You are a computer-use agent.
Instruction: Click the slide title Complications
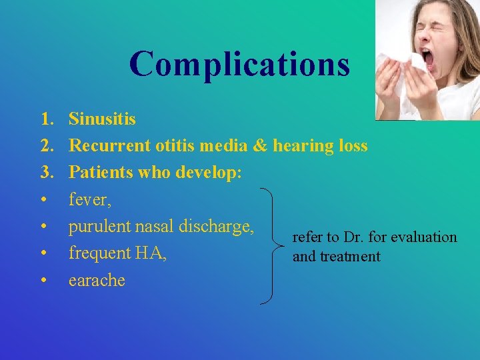239,65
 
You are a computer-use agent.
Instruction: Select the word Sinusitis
102,119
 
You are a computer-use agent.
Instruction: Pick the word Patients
101,172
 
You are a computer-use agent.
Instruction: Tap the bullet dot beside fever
43,199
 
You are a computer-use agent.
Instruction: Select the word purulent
100,226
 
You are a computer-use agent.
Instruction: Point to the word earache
97,280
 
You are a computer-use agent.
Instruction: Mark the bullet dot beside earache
43,280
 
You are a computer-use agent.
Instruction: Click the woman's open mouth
427,60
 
